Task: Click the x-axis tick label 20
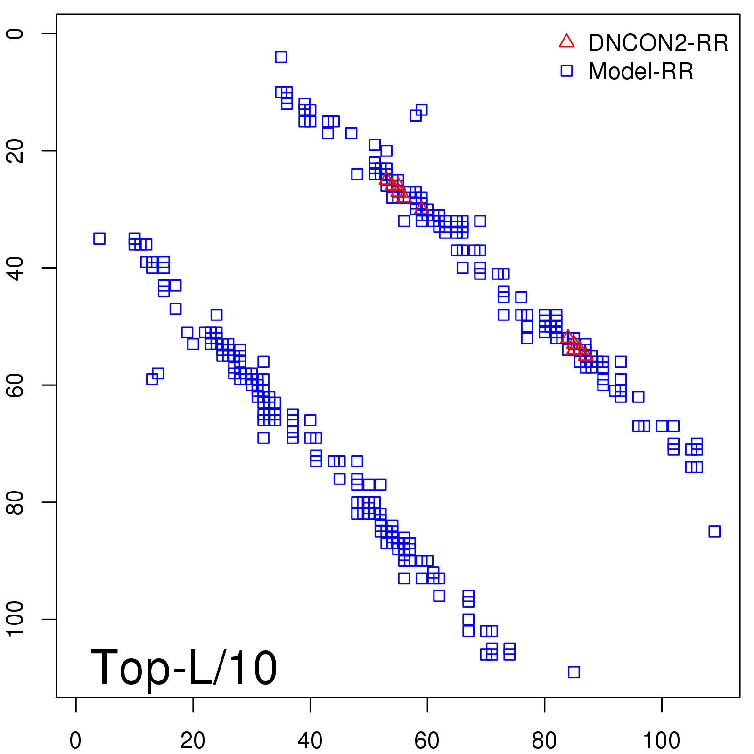tap(193, 741)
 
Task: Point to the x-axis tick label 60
tap(427, 741)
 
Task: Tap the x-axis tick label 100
tap(661, 741)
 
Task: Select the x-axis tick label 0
tap(75, 741)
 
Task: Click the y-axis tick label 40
tap(16, 268)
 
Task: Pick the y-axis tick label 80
tap(16, 502)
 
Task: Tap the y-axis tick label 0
tap(16, 33)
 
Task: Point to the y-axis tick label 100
tap(16, 619)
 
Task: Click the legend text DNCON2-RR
tap(658, 43)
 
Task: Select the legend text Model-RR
tap(641, 72)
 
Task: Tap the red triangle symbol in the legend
tap(566, 41)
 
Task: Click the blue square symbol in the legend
tap(566, 71)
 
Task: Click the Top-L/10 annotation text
tap(184, 667)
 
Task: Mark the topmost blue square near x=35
tap(281, 57)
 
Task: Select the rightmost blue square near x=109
tap(714, 532)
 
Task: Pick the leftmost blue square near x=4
tap(99, 238)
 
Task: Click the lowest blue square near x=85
tap(574, 672)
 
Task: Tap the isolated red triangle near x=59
tap(421, 208)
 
